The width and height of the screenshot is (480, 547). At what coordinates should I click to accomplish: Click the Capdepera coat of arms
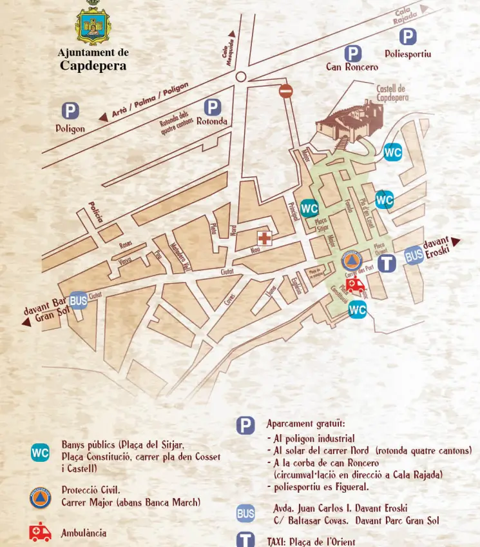click(93, 23)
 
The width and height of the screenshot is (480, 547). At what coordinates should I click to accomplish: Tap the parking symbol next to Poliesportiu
click(407, 37)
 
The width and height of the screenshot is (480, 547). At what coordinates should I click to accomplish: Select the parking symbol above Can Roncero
click(352, 54)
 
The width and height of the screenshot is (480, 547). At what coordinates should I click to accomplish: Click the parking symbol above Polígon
click(70, 112)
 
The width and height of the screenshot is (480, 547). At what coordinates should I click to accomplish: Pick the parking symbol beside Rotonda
click(212, 107)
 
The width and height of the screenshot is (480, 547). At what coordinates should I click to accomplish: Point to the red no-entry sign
click(286, 91)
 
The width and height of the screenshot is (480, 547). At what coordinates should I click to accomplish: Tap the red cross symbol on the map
click(264, 237)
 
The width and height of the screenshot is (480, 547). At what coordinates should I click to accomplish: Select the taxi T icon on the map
click(387, 263)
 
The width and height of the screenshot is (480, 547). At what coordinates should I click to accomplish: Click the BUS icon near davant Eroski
click(414, 256)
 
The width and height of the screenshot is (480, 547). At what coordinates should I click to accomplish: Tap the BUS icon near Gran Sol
click(78, 301)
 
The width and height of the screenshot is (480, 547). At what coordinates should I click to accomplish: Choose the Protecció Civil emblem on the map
click(351, 261)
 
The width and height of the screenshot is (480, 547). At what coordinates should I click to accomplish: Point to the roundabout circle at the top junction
click(241, 77)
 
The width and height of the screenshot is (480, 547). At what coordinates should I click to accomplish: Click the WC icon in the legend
click(40, 453)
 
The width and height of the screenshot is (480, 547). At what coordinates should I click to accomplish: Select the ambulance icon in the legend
click(40, 532)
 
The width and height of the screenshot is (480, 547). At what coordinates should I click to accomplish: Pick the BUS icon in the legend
click(245, 514)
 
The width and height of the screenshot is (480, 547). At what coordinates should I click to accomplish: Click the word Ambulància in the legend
click(84, 533)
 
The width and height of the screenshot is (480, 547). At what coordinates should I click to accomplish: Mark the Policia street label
click(96, 213)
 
